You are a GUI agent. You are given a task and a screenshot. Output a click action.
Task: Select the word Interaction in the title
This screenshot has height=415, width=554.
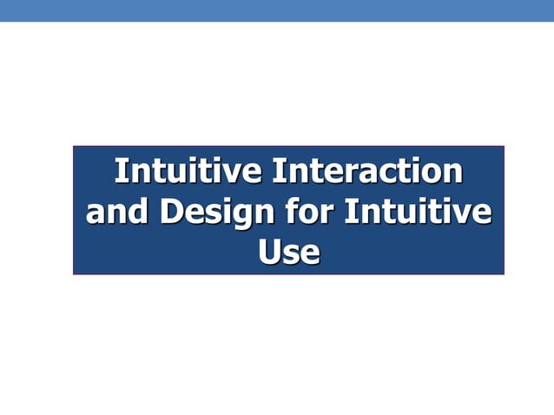(366, 171)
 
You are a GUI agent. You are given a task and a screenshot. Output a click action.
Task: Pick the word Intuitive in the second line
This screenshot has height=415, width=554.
(418, 212)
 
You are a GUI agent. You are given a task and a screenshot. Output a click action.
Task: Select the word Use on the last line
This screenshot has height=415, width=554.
(288, 252)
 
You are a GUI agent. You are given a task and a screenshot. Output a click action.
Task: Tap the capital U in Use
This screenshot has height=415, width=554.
(270, 252)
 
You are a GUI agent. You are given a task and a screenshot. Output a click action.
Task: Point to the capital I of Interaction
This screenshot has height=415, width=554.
(277, 171)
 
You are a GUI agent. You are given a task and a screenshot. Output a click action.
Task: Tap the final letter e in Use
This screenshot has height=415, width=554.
(310, 254)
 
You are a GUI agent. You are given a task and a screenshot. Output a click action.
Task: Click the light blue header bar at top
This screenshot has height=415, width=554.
(277, 10)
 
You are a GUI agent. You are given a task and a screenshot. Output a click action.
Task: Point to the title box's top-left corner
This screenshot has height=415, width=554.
(74, 147)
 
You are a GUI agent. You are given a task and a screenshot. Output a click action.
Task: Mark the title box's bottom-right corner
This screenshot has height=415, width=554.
(504, 273)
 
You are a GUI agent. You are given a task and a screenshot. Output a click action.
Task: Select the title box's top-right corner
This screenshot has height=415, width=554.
(504, 147)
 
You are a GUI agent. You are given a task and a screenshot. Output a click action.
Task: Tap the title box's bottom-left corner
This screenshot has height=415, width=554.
(74, 273)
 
